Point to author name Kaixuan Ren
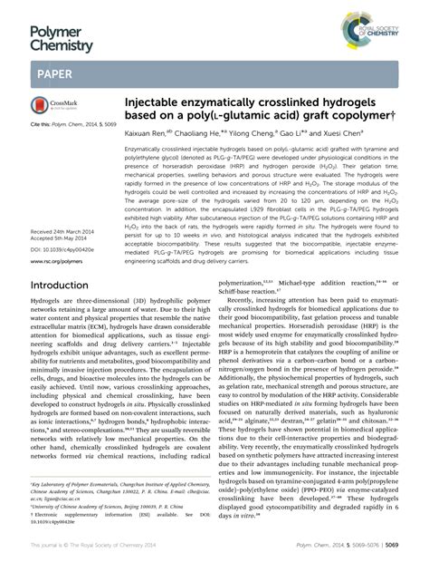(x=149, y=131)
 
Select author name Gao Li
(x=302, y=131)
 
